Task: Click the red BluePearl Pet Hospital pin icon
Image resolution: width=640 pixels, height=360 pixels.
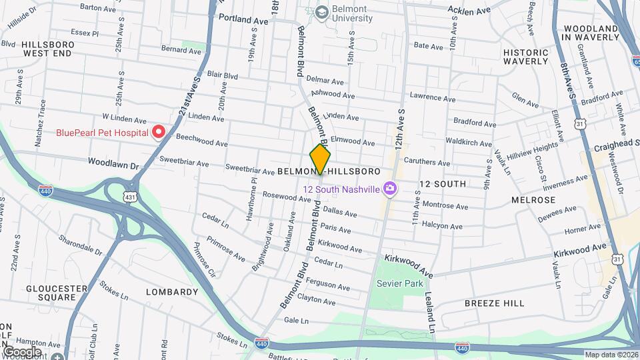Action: click(159, 133)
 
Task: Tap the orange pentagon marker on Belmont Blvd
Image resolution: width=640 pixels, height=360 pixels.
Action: click(320, 160)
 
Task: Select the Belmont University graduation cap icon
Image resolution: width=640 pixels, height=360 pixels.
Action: click(323, 13)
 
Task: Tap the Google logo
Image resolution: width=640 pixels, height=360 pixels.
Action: click(21, 352)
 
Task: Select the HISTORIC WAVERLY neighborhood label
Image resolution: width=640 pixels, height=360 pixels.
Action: click(525, 57)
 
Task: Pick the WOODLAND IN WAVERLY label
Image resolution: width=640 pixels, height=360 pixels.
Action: click(590, 33)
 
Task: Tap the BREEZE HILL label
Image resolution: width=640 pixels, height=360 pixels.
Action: click(494, 303)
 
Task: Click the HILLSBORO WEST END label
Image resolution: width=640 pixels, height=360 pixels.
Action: click(46, 48)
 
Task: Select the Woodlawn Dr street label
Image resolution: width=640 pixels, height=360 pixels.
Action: click(113, 162)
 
